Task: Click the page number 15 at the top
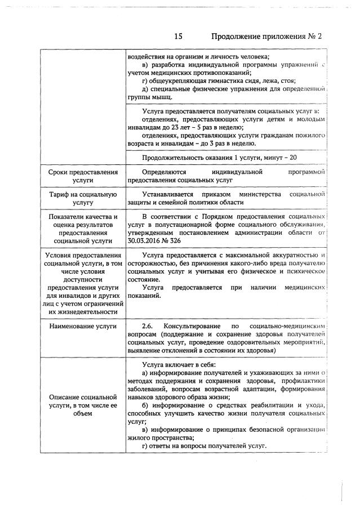click(178, 37)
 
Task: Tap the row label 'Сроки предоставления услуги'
click(83, 176)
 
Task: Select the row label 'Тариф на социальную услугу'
click(83, 199)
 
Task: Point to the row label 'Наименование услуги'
click(83, 326)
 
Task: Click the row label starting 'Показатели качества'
click(83, 228)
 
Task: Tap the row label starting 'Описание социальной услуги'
click(83, 405)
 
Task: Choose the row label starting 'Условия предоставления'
click(83, 284)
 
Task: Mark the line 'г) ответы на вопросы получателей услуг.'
click(205, 446)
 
